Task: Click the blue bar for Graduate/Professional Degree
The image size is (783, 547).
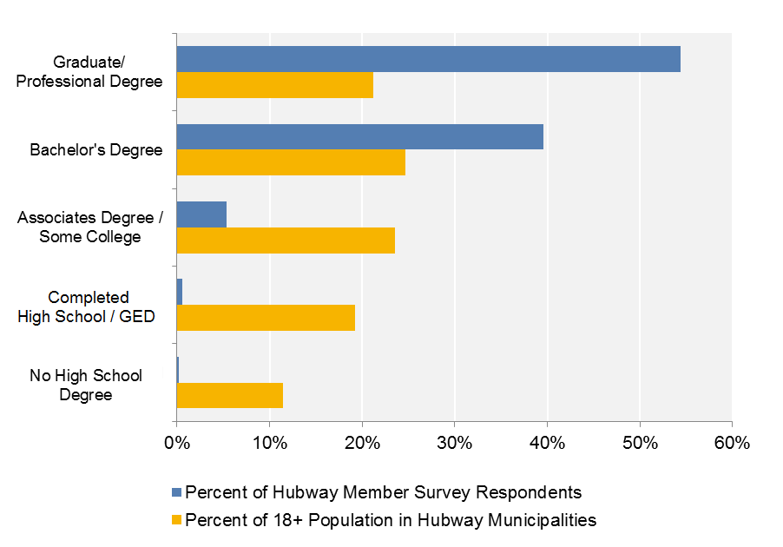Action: coord(428,59)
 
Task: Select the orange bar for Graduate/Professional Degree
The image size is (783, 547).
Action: coord(274,85)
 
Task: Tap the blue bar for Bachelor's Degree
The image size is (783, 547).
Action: coord(359,136)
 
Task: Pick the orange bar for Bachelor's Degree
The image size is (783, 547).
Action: coord(291,162)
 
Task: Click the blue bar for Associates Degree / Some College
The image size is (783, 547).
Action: coord(201,214)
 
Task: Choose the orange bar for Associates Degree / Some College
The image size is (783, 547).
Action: coord(286,240)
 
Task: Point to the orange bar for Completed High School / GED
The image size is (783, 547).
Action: coord(266,318)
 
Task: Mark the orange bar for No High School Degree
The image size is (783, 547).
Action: coord(229,395)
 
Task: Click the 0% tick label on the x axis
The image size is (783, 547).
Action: coord(176,442)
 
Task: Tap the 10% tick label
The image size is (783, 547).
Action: coord(269,442)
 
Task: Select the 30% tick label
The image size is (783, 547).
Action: coord(454,442)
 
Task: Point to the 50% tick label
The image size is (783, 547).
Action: coord(639,442)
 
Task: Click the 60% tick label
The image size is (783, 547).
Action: coord(732,442)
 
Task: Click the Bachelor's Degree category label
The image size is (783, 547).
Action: coord(95,150)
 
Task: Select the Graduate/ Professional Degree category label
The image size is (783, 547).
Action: coord(95,72)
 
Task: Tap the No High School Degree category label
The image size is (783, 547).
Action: coord(86,386)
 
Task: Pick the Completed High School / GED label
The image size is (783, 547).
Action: coord(87,307)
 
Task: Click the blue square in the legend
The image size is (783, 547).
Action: coord(177,493)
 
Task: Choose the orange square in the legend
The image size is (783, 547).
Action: coord(177,521)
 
